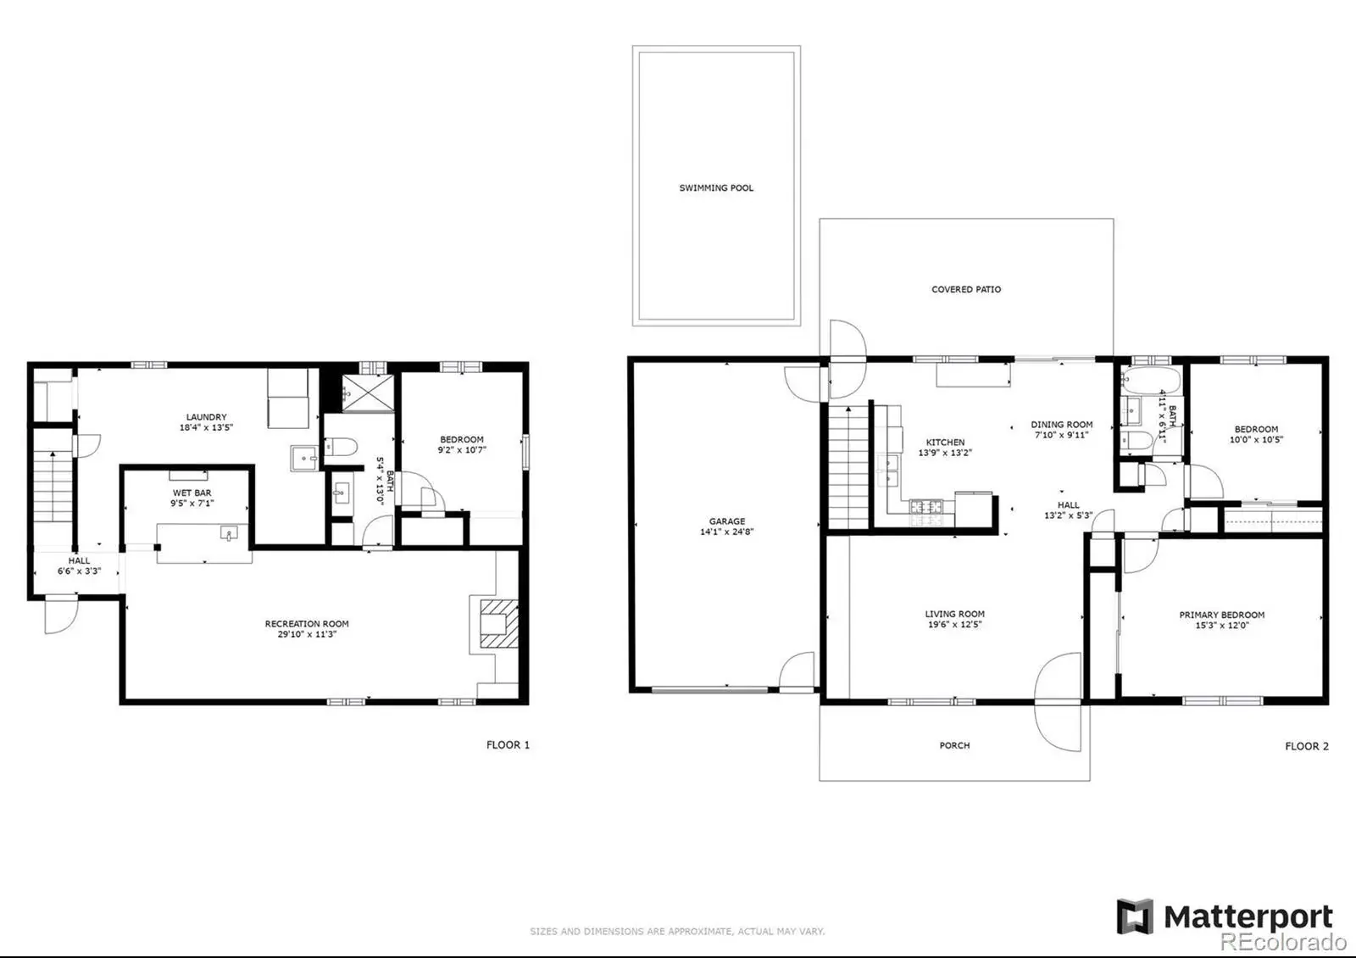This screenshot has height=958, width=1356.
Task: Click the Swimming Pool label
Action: [x=716, y=187]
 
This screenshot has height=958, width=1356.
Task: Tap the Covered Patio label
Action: [x=966, y=289]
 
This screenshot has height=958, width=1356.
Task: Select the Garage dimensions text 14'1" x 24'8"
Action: [x=727, y=532]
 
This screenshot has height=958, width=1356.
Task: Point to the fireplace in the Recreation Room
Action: [x=499, y=624]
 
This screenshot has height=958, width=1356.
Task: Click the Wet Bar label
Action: [x=192, y=493]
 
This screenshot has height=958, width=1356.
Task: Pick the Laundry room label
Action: [x=207, y=416]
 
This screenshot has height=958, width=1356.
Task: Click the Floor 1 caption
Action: [x=508, y=745]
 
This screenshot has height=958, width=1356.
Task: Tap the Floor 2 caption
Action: [x=1307, y=746]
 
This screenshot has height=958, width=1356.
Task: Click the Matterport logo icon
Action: [x=1135, y=916]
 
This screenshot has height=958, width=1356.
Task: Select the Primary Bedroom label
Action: [x=1221, y=615]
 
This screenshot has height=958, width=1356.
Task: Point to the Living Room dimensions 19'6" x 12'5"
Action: [x=954, y=624]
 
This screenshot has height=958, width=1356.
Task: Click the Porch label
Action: [x=954, y=745]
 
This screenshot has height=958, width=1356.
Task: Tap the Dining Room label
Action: [x=1062, y=425]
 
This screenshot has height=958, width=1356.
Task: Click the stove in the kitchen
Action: [x=926, y=512]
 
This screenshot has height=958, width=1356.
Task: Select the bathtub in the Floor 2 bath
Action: [x=1150, y=381]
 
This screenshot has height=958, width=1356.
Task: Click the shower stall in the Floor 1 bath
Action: [x=368, y=393]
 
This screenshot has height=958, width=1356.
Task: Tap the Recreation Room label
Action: [x=306, y=624]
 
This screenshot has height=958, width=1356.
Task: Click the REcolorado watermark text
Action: [x=1283, y=942]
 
